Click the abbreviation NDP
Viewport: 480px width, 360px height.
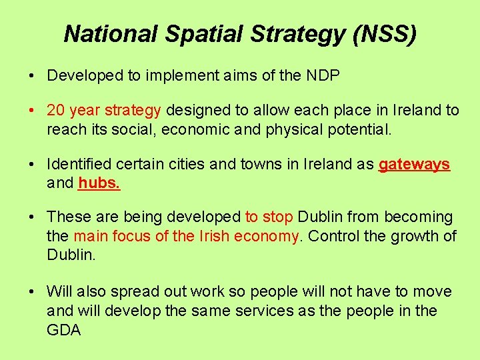pos(323,75)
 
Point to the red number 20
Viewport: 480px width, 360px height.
pos(55,110)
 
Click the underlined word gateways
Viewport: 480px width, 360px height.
pos(414,165)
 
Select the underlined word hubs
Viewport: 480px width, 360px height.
pos(99,183)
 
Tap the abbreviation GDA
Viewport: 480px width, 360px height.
pos(64,329)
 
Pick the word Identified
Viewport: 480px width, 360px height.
pos(77,165)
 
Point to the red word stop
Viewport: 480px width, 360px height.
pos(278,217)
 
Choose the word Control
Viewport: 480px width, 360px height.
pos(335,235)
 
